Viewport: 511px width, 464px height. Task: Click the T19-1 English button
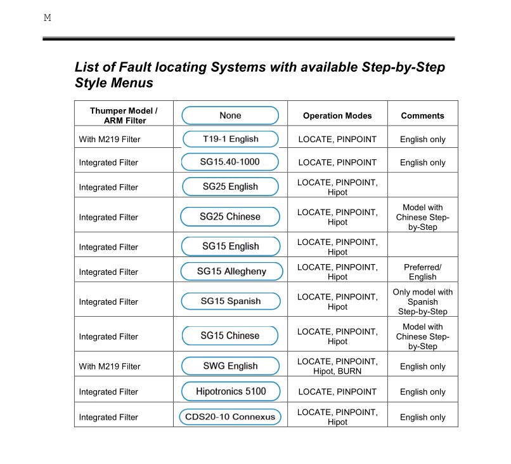coord(230,139)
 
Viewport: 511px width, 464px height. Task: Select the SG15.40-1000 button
coord(230,162)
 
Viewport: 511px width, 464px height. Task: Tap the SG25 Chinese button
coord(230,216)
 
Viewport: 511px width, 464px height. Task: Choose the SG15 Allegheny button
coord(231,271)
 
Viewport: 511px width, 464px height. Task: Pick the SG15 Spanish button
coord(230,301)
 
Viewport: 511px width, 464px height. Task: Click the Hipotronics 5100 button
coord(231,391)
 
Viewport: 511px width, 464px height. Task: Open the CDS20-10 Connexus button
coord(230,416)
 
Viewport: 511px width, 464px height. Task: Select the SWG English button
coord(230,366)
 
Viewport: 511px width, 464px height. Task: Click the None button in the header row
coord(230,116)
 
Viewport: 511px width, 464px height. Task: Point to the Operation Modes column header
coord(337,116)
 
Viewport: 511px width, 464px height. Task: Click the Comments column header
coord(422,116)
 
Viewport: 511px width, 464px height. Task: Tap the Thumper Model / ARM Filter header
coord(124,116)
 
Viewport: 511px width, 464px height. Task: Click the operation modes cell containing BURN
coord(337,366)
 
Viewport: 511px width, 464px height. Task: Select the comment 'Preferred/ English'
coord(422,272)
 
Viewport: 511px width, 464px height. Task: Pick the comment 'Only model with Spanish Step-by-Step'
coord(422,302)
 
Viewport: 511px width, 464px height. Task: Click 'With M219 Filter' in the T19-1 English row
coord(110,140)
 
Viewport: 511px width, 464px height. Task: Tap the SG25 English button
coord(230,187)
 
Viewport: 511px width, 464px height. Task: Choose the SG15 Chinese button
coord(230,336)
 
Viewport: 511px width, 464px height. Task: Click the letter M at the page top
coord(47,18)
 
